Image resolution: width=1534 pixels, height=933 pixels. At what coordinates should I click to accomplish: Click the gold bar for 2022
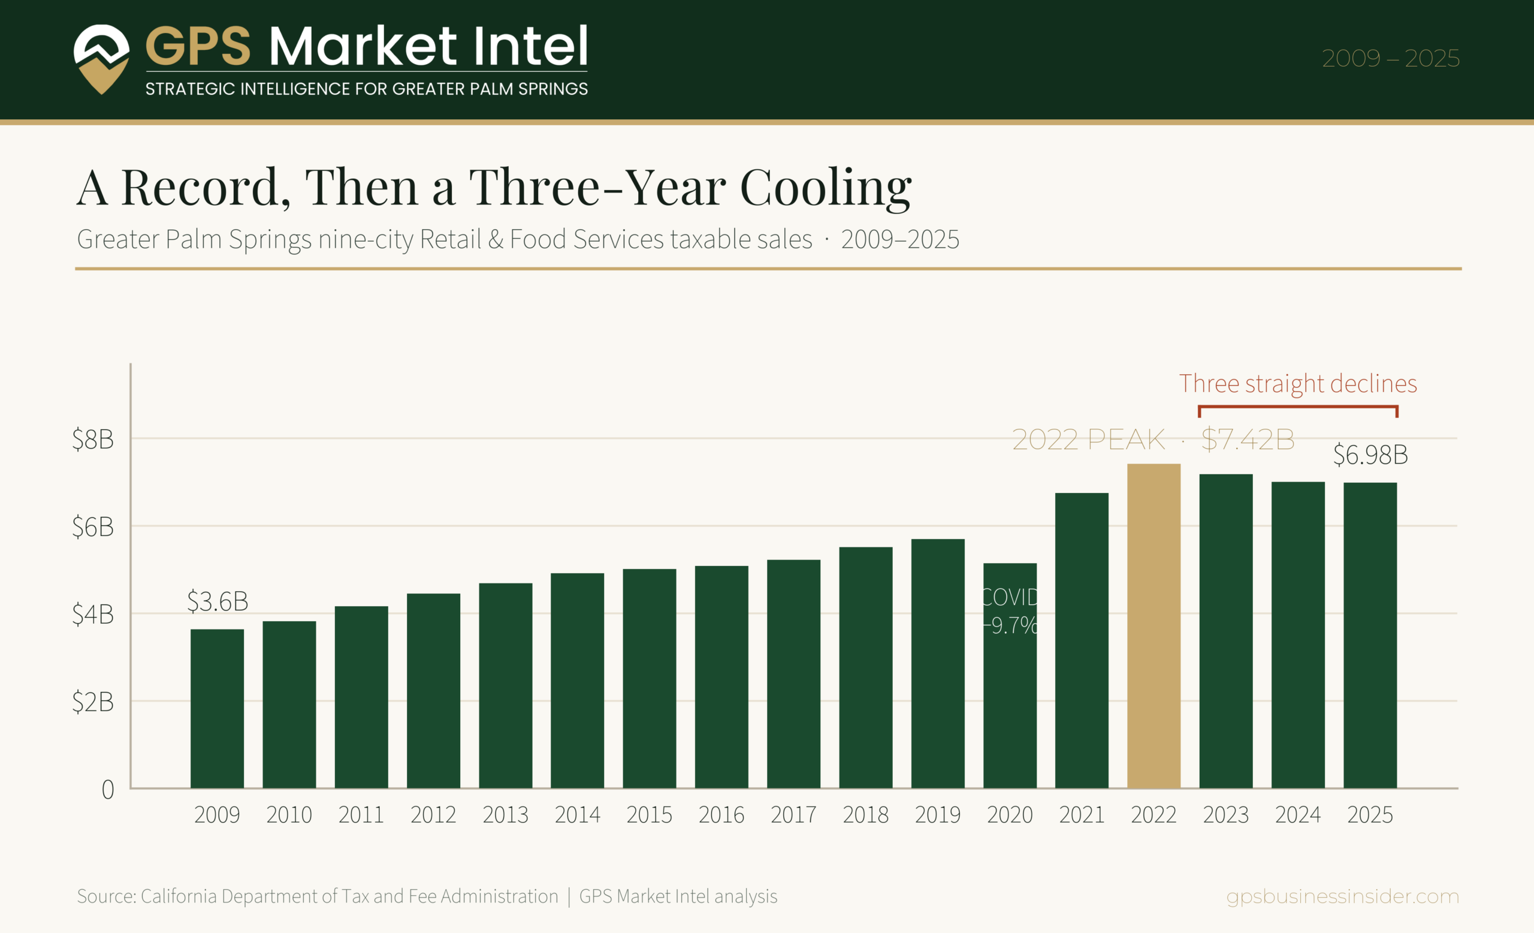coord(1153,626)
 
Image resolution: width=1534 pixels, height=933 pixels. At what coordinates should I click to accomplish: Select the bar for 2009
coord(218,709)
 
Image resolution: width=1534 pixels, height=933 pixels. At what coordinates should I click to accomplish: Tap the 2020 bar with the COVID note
coord(1010,676)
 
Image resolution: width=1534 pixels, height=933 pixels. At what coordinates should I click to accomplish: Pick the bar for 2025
coord(1370,635)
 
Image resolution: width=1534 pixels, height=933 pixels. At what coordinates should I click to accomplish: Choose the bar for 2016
coord(721,677)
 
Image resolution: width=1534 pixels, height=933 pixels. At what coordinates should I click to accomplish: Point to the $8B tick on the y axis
coord(93,439)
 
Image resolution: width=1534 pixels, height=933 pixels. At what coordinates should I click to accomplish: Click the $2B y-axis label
coord(93,702)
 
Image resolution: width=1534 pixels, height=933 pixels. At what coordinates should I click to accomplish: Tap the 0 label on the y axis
coord(108,790)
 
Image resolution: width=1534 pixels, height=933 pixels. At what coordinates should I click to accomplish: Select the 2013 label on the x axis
coord(506,815)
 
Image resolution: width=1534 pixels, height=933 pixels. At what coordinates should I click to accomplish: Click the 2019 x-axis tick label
coord(938,815)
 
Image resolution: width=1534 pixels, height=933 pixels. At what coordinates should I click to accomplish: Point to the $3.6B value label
coord(218,601)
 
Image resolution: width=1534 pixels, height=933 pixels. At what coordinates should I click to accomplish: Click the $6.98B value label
coord(1370,455)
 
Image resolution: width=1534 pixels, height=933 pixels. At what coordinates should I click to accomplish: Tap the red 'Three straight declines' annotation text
coord(1298,384)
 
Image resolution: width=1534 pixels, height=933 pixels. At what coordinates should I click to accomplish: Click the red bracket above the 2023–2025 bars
coord(1298,407)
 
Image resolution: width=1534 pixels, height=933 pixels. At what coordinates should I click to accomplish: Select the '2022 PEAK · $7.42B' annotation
coord(1153,440)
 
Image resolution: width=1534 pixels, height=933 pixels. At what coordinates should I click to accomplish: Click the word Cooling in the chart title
coord(826,187)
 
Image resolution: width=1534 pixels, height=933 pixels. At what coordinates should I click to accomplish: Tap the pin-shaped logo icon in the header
coord(101,59)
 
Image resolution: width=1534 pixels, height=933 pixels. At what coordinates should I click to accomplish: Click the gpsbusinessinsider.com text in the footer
coord(1343,896)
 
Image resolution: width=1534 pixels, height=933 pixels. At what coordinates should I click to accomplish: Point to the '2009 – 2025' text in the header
coord(1391,59)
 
